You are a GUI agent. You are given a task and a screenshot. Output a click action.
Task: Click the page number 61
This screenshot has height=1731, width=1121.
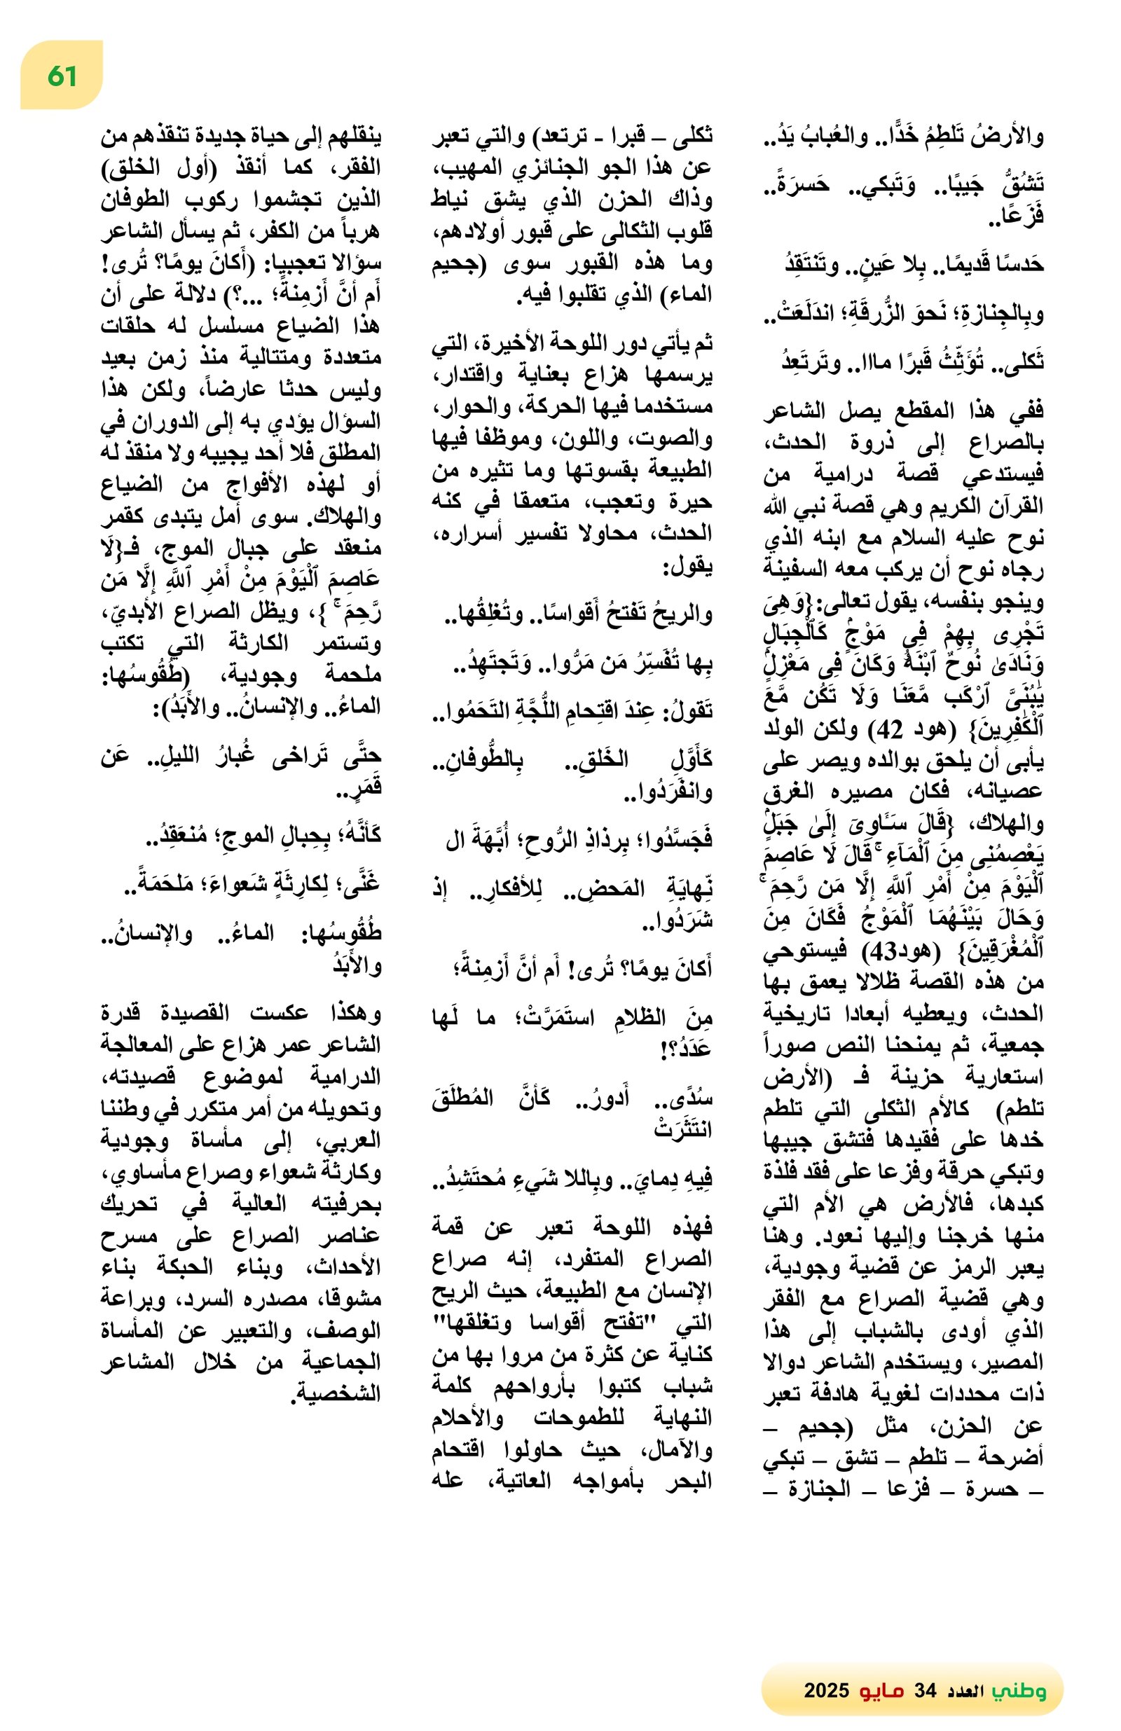click(62, 76)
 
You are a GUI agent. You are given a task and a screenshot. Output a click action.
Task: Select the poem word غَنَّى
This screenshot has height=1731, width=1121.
click(364, 884)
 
